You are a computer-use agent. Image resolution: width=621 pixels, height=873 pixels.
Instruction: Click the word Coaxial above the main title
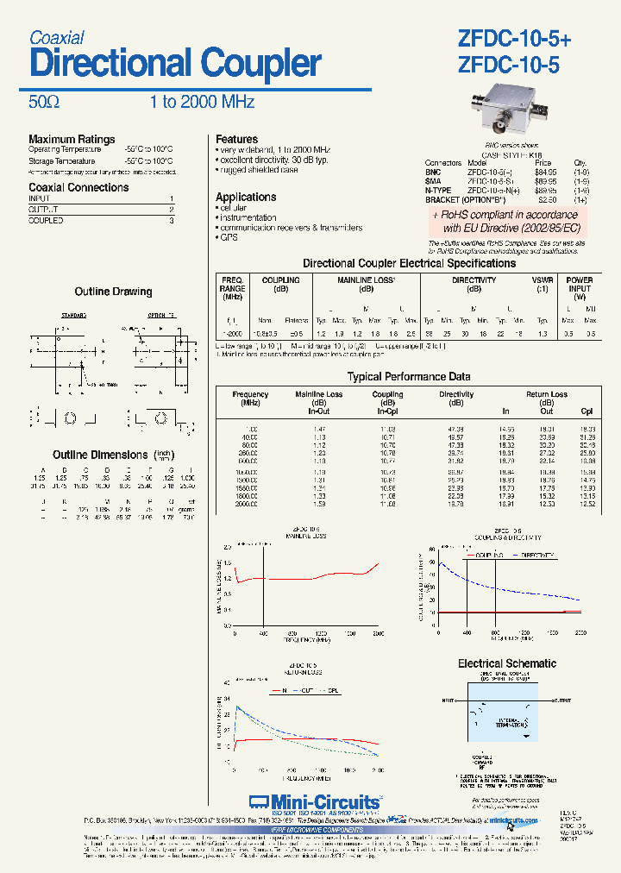(x=57, y=38)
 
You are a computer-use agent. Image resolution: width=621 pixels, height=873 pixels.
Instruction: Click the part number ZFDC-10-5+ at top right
(x=514, y=39)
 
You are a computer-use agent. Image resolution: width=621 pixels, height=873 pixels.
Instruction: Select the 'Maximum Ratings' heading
(x=72, y=139)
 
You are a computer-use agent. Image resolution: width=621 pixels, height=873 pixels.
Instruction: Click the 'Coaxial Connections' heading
(x=78, y=187)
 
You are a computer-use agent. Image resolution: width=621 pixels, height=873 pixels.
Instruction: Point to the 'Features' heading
(x=236, y=139)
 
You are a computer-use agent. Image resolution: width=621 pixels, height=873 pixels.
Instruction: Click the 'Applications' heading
(x=246, y=197)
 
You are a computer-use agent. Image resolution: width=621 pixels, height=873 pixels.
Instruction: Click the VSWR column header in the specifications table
(x=543, y=280)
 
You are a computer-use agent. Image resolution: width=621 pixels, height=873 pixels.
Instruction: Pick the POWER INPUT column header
(x=579, y=285)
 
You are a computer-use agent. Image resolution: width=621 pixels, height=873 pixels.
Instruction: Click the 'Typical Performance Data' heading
(x=409, y=377)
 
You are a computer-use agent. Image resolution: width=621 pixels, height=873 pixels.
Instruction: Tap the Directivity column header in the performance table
(x=456, y=394)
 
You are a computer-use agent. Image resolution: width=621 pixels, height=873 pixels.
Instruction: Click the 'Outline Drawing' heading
(x=113, y=292)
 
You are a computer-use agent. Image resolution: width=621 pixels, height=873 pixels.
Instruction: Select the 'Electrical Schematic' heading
(x=507, y=663)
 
